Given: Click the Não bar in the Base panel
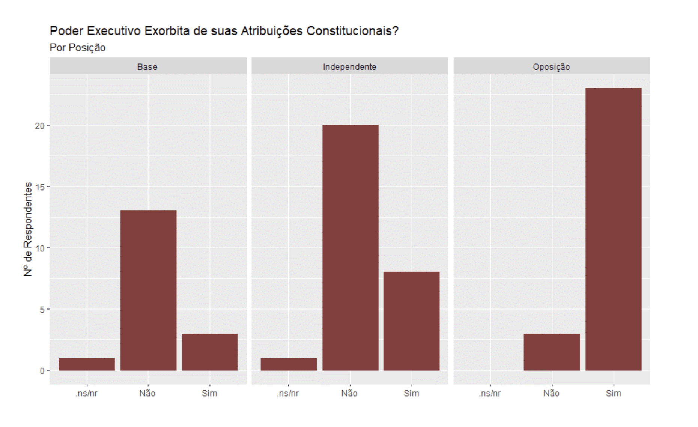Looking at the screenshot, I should tap(148, 290).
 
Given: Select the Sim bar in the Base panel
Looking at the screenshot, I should tap(210, 352).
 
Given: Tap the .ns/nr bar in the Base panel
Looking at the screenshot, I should tap(87, 364).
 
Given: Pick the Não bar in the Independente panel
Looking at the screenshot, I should tap(350, 248).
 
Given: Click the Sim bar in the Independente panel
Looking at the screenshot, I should tap(411, 321).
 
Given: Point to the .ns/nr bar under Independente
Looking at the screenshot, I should tap(289, 364).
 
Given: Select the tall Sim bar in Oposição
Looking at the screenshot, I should tap(613, 229).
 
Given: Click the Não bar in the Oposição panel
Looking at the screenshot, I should tap(552, 352).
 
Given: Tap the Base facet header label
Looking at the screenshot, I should tap(147, 67).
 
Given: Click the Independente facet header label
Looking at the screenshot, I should tap(349, 67).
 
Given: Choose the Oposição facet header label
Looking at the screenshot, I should tap(551, 67).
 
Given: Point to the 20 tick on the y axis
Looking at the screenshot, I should tap(39, 126).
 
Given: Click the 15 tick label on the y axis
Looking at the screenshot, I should tap(39, 187).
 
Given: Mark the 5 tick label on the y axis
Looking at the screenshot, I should tap(42, 310).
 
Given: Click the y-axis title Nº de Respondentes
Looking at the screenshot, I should tap(28, 229).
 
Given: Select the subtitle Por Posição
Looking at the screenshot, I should tap(77, 48).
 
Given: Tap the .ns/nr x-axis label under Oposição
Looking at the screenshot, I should tap(490, 393).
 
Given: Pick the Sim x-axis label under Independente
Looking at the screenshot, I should tap(411, 393).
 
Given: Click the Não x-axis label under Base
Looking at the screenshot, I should tap(147, 393).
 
